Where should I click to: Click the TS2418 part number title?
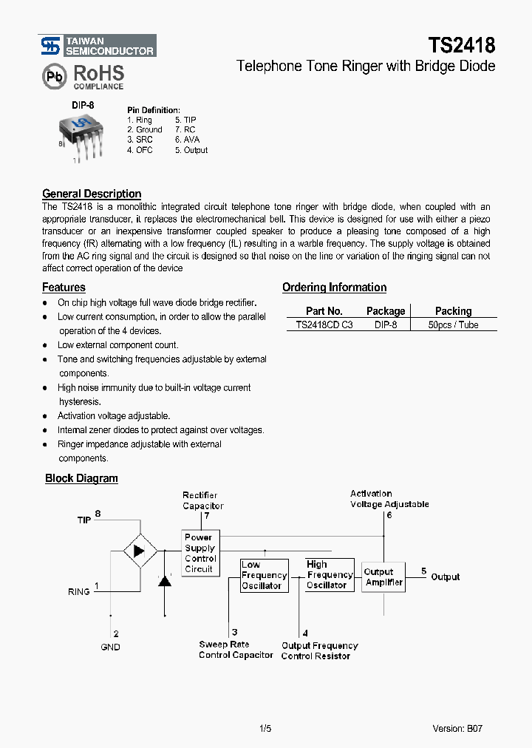(x=462, y=45)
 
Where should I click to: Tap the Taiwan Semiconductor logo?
(x=98, y=46)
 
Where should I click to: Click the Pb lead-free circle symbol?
(x=55, y=77)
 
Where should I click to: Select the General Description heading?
(x=92, y=194)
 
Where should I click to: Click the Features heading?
(x=64, y=288)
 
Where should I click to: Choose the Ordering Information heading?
(x=334, y=288)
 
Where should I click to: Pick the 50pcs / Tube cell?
(x=453, y=324)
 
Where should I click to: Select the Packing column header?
(x=453, y=311)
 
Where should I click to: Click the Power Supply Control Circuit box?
(x=199, y=553)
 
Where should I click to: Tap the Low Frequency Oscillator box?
(x=264, y=575)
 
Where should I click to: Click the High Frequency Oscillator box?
(x=330, y=575)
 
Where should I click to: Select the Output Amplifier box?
(x=383, y=577)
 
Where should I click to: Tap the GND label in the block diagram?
(x=110, y=647)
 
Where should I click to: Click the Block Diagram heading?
(x=81, y=478)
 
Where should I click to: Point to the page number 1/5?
(x=266, y=728)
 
